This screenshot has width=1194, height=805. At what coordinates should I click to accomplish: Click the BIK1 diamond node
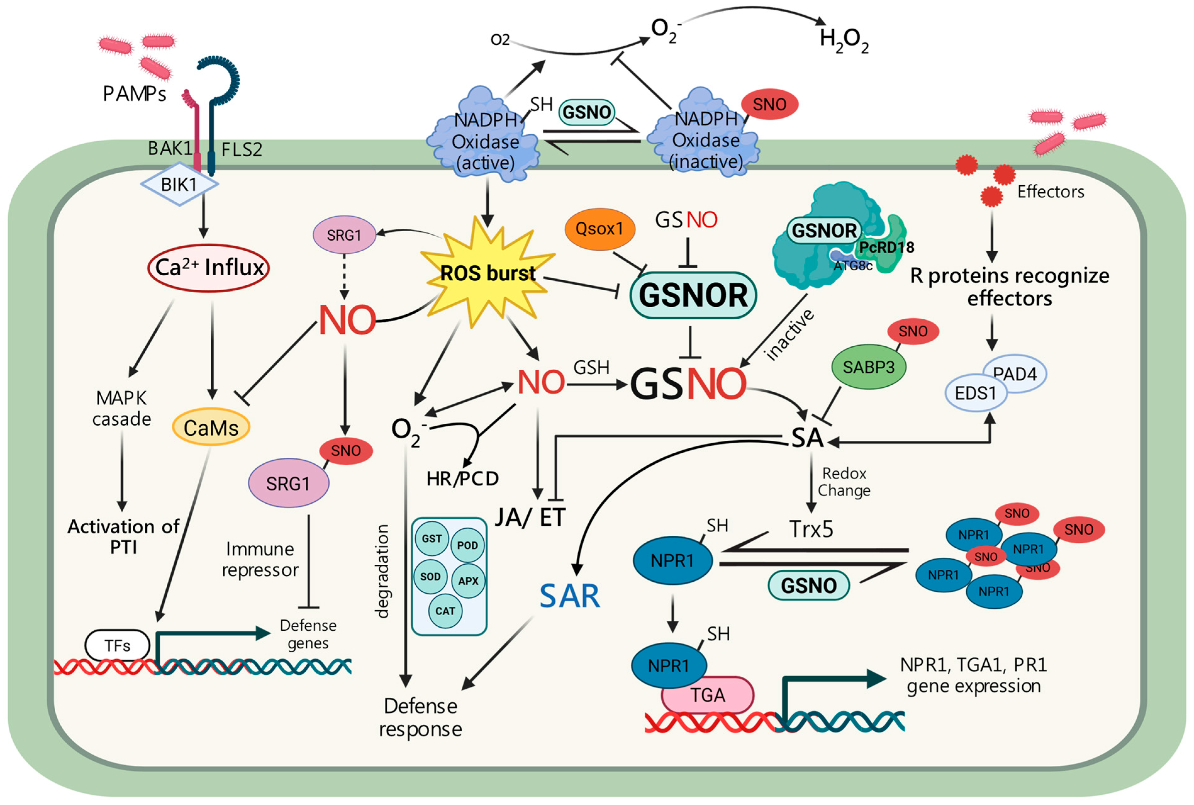pos(179,184)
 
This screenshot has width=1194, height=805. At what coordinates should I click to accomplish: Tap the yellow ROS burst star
pos(487,273)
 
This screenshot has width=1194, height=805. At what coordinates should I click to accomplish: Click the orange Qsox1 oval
pos(599,229)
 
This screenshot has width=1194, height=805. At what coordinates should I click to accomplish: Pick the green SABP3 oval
pos(868,367)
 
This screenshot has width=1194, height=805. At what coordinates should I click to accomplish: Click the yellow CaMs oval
pos(211,428)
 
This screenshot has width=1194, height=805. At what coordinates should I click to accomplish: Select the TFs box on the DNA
pos(118,645)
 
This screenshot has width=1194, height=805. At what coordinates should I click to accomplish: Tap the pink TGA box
pos(708,695)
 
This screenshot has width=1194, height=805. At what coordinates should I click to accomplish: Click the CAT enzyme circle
pos(445,611)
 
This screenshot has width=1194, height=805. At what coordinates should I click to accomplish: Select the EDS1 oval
pos(975,393)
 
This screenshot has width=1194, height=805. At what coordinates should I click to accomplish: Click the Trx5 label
pos(811,529)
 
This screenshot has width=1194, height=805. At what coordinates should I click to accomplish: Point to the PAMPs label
pos(135,94)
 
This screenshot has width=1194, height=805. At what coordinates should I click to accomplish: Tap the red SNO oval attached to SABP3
pos(913,331)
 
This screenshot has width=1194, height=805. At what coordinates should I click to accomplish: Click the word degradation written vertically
pos(381,571)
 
